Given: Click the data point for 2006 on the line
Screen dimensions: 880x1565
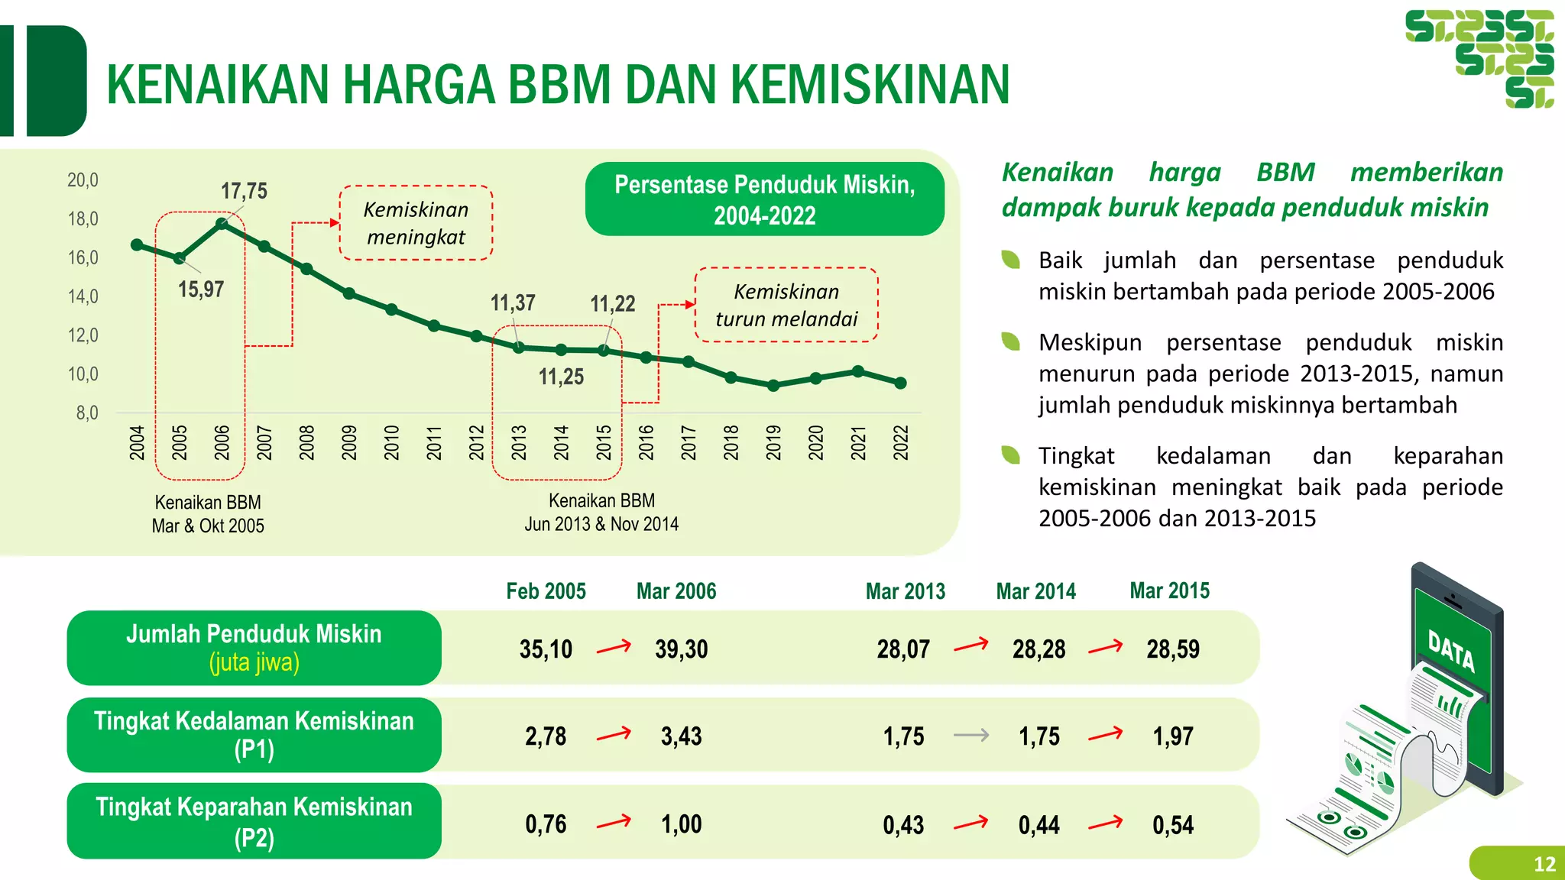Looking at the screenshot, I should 222,224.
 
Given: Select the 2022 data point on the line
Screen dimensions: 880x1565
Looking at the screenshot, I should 900,383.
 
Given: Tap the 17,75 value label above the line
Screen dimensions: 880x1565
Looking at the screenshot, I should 244,191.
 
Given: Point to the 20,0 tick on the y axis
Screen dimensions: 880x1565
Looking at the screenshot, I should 83,180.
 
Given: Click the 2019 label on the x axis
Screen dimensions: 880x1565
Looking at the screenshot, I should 773,442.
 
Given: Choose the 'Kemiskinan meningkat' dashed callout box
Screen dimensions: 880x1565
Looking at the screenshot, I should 416,223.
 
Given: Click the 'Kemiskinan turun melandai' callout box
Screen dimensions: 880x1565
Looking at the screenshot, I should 786,305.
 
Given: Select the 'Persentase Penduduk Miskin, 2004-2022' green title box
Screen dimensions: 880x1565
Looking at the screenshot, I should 764,199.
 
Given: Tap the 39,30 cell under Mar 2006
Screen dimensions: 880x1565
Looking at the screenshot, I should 681,649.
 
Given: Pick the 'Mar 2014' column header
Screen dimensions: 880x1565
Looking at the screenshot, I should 1035,591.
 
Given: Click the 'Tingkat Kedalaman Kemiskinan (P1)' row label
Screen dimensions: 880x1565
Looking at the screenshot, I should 254,735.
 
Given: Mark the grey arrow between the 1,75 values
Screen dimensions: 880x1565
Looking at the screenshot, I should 971,736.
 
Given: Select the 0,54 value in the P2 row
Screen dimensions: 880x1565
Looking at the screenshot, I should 1172,825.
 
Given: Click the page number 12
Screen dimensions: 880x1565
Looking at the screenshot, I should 1544,864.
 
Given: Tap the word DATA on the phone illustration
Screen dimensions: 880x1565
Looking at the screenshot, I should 1451,652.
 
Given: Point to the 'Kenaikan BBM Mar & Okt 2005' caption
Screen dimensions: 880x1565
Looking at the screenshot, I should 208,514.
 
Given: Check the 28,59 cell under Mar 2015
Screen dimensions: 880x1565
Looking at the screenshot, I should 1172,649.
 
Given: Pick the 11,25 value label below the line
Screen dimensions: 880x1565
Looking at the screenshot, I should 561,377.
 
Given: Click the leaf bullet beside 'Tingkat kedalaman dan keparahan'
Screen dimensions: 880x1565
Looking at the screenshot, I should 1011,455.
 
